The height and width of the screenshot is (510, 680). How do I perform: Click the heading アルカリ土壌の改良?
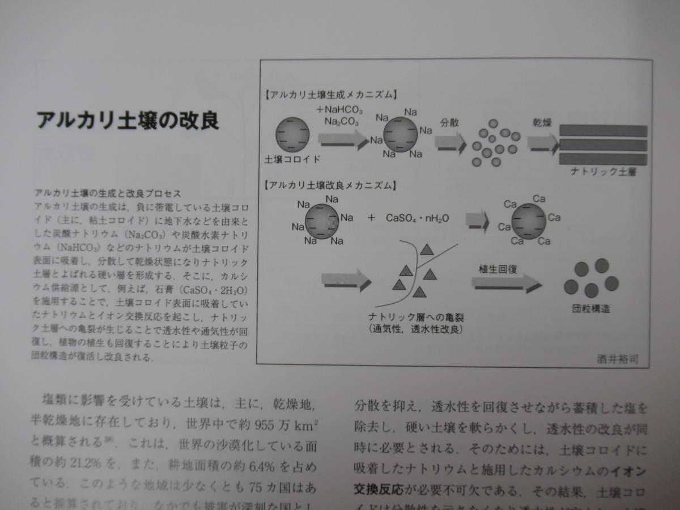[x=127, y=121]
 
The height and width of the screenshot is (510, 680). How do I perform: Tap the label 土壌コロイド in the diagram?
[x=292, y=159]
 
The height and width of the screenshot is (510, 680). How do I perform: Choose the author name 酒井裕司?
[x=622, y=358]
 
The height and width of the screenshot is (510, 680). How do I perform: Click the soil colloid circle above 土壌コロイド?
[x=292, y=134]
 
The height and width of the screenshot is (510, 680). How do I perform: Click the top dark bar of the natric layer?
[x=603, y=130]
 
